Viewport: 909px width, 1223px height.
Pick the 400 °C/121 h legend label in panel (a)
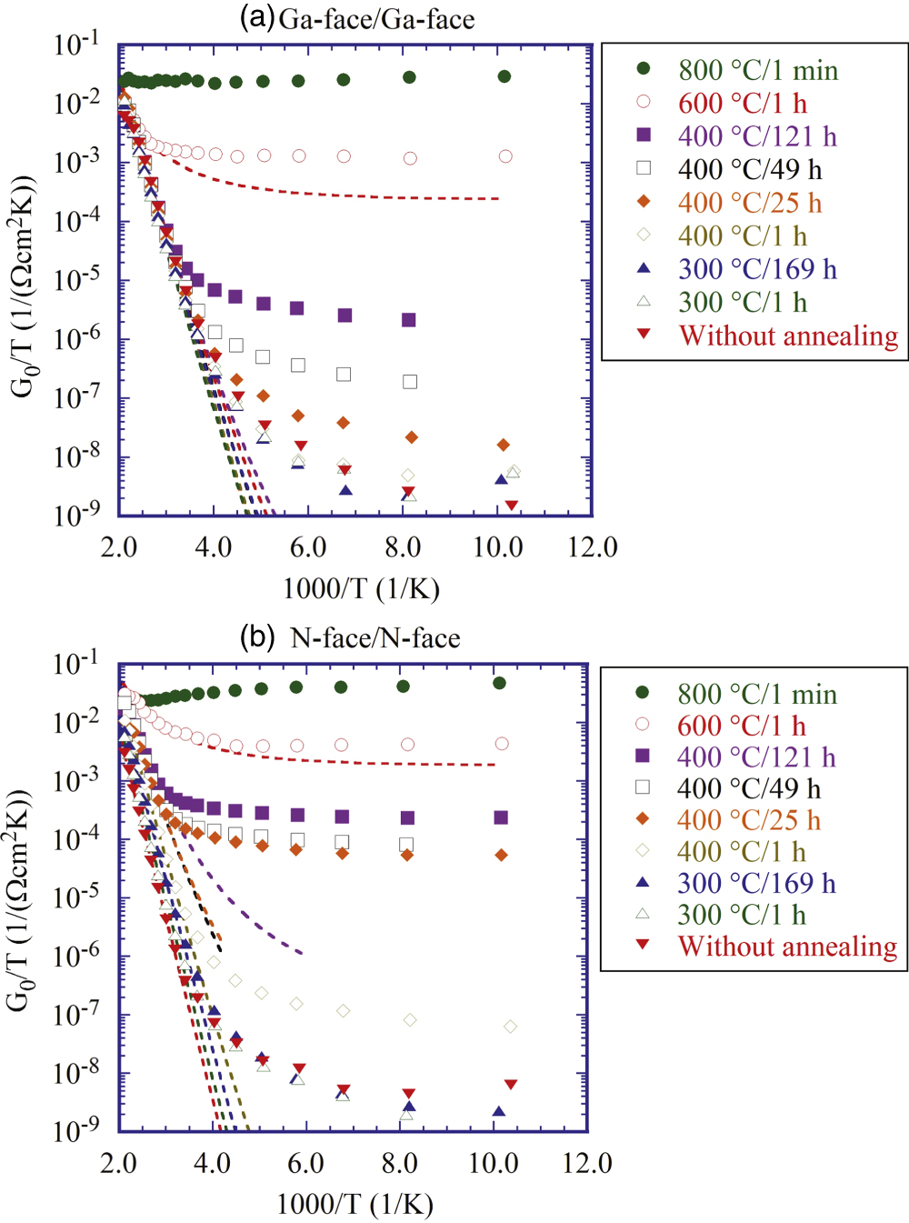(756, 136)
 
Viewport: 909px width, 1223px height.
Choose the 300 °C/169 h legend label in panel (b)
(755, 883)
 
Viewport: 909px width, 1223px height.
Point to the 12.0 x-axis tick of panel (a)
(592, 547)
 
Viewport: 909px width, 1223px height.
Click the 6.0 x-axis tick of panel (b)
(305, 1163)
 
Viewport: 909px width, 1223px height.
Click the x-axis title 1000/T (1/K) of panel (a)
(361, 588)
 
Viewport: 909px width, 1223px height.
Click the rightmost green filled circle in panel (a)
(504, 76)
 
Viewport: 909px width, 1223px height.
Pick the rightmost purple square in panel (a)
(409, 320)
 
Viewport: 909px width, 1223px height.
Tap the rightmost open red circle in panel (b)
(502, 744)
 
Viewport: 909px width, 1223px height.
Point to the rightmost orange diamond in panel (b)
(501, 856)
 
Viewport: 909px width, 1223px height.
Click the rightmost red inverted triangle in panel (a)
(512, 506)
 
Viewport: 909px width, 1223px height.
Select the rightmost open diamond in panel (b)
(510, 1027)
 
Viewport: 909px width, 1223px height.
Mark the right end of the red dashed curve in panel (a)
(498, 198)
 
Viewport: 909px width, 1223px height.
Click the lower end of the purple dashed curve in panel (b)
(301, 953)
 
